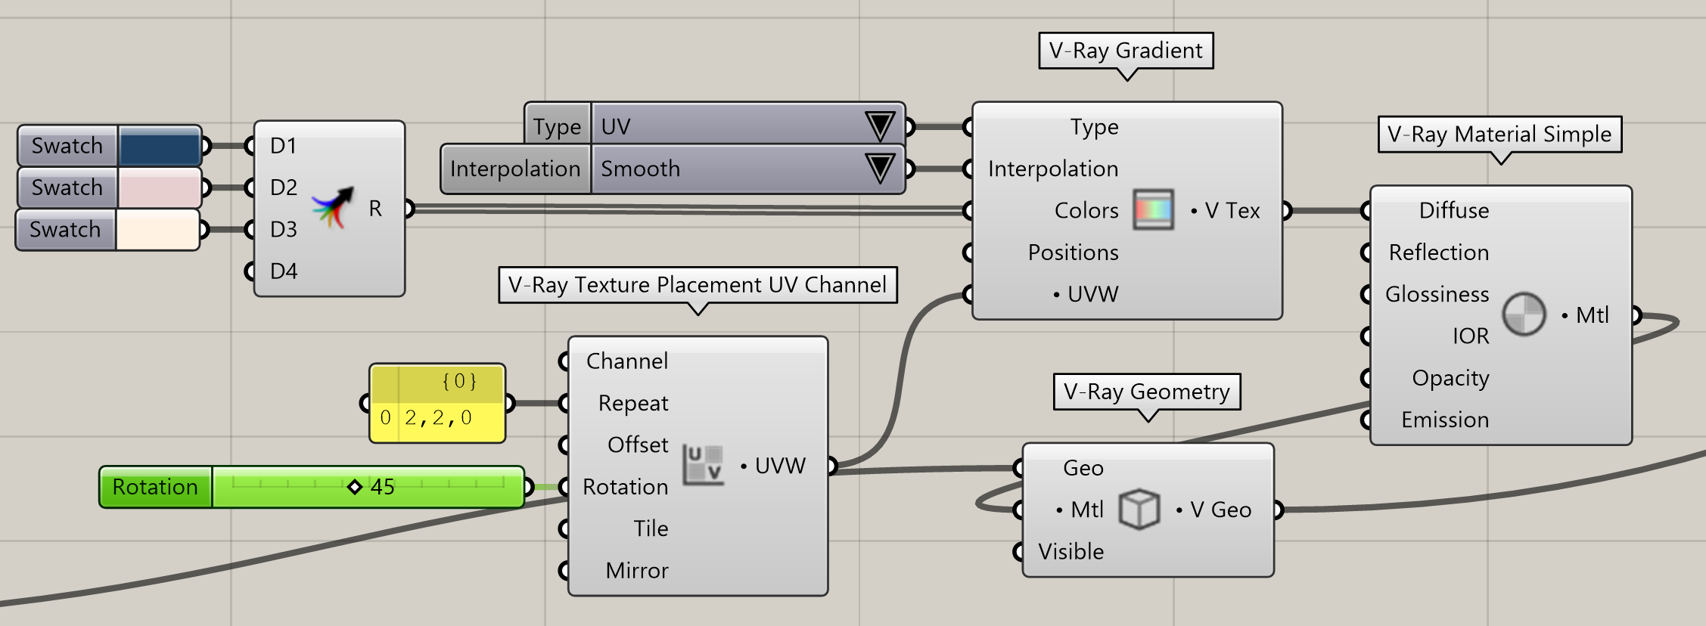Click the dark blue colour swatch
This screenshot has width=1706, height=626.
[x=160, y=146]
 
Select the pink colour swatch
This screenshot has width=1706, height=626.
[x=160, y=187]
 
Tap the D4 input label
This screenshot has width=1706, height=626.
[x=284, y=271]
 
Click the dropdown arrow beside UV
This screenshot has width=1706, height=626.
[x=880, y=126]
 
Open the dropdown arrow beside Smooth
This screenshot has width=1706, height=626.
[x=880, y=168]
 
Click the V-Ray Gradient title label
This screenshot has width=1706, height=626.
[x=1126, y=51]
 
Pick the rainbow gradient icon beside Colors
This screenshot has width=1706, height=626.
[x=1153, y=209]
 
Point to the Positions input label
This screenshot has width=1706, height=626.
[x=1073, y=253]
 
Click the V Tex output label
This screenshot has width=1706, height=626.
[x=1232, y=210]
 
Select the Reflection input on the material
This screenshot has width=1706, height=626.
[x=1438, y=253]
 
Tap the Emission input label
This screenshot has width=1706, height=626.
[x=1445, y=420]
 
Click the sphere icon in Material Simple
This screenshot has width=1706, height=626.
[x=1524, y=314]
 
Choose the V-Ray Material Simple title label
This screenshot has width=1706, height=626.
[x=1499, y=135]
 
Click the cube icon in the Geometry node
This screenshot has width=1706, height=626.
[x=1139, y=509]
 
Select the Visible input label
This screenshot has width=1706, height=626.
[x=1071, y=552]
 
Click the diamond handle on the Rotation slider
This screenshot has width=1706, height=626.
[x=354, y=487]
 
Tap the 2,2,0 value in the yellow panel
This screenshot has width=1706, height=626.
[x=438, y=418]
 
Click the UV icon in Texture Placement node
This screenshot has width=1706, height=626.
[x=703, y=464]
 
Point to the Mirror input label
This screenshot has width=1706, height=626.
[x=637, y=571]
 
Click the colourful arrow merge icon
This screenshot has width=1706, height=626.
[x=333, y=208]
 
